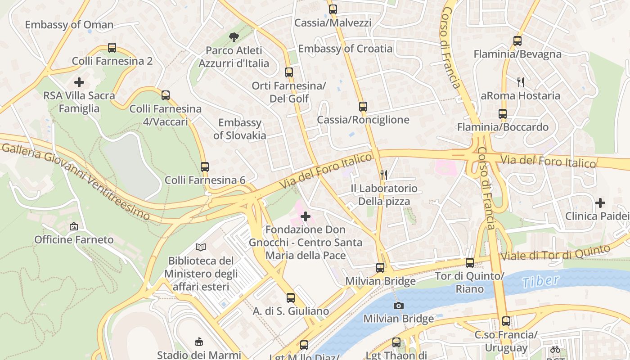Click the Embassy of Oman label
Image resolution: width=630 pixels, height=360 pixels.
[69, 25]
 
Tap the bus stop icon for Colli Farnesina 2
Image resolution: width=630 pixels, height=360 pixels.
[112, 48]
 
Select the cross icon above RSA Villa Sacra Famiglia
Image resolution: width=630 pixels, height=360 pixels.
[79, 82]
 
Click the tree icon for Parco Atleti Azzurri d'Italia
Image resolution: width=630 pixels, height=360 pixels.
[234, 37]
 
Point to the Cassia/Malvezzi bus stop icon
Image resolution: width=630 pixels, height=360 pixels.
[333, 9]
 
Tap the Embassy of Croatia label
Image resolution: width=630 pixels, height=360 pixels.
[345, 49]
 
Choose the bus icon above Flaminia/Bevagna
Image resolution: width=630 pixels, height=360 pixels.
[517, 41]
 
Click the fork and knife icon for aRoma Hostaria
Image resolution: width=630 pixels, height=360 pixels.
[521, 82]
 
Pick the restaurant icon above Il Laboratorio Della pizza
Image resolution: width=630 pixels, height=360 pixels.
[384, 175]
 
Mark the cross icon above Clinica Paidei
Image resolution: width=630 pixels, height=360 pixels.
[600, 203]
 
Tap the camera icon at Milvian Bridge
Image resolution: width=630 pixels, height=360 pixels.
[398, 306]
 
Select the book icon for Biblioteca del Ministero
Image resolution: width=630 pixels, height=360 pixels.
[201, 247]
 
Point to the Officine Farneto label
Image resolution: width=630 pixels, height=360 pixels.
[74, 239]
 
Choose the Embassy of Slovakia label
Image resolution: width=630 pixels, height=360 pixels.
[239, 129]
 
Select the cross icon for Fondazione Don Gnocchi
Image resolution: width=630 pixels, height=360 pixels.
[306, 216]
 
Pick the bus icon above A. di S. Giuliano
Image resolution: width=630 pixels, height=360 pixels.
[291, 298]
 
